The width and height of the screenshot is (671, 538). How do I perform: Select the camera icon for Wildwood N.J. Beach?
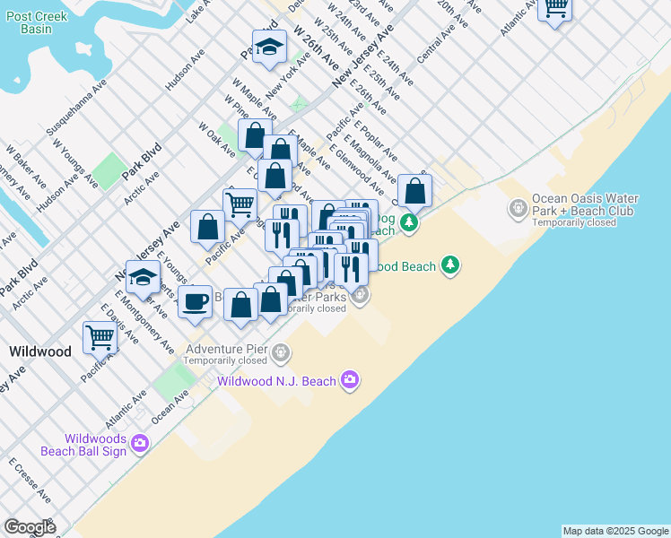click(349, 381)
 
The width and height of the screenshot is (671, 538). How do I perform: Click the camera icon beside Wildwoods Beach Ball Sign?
click(139, 442)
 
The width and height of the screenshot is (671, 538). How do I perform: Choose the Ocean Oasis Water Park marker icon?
click(518, 209)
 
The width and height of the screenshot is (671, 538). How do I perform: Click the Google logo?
click(30, 527)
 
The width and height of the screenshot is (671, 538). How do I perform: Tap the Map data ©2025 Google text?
click(615, 531)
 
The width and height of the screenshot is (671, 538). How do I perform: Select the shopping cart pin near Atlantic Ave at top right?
click(555, 8)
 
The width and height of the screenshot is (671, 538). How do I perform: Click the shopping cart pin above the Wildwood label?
click(100, 337)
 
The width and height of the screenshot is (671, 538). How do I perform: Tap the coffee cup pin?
click(195, 301)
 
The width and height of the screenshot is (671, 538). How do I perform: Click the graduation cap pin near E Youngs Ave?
click(143, 277)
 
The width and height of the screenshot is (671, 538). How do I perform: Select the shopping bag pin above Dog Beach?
click(415, 190)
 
